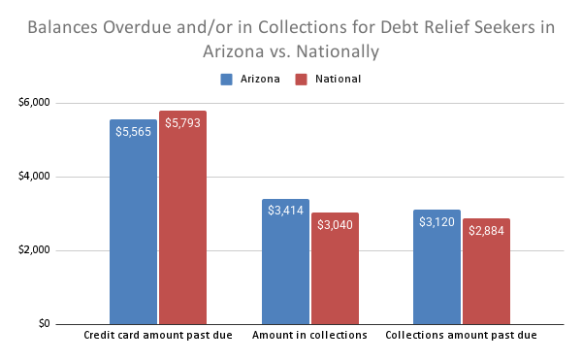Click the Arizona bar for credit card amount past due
[x=133, y=233]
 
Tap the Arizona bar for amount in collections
[x=285, y=272]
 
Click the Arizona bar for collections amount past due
[x=436, y=277]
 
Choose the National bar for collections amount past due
[x=486, y=281]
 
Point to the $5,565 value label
[x=133, y=129]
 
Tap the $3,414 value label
[x=285, y=209]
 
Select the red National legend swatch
[x=301, y=79]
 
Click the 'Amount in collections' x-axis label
[x=309, y=336]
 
